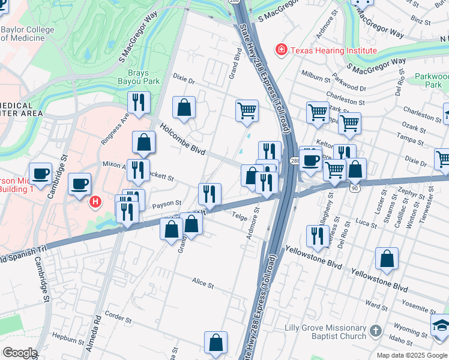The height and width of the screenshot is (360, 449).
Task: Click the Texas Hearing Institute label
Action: pyautogui.click(x=334, y=50)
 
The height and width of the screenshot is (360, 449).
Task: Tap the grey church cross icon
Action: pyautogui.click(x=375, y=331)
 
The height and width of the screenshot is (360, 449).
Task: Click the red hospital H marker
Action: pyautogui.click(x=94, y=202)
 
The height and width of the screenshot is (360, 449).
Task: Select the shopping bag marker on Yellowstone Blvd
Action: pyautogui.click(x=387, y=259)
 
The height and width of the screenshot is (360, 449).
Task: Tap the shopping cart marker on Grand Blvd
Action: pyautogui.click(x=247, y=112)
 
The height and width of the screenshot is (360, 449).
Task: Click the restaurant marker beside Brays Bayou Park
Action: pyautogui.click(x=139, y=103)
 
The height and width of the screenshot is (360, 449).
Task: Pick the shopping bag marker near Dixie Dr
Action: pyautogui.click(x=184, y=108)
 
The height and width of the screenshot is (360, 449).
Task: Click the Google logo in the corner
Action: pyautogui.click(x=20, y=353)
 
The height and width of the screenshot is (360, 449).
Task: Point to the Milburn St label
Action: pyautogui.click(x=317, y=79)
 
